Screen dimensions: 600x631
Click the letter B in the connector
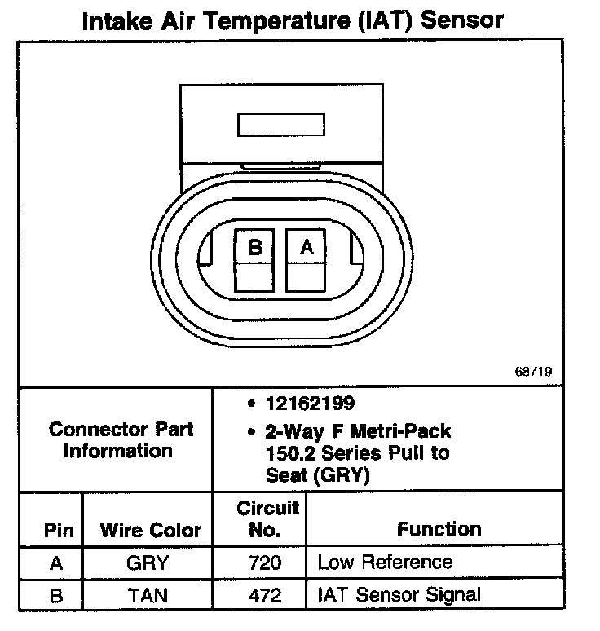[255, 247]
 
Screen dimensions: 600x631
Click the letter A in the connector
[307, 247]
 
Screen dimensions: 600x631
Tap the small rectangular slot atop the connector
[280, 125]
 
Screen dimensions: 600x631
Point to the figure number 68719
[534, 371]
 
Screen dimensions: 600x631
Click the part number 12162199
[309, 404]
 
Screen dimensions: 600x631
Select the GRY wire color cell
[148, 563]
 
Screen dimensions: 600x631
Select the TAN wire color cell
[148, 595]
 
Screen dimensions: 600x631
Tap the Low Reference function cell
[384, 563]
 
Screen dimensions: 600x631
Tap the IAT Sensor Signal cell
[399, 595]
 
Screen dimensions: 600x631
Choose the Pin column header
[58, 531]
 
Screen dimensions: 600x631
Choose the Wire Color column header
[150, 531]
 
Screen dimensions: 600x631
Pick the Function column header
[439, 529]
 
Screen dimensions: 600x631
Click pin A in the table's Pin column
[56, 563]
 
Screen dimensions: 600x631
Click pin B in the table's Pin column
[56, 595]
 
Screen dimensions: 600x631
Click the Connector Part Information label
[120, 440]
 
